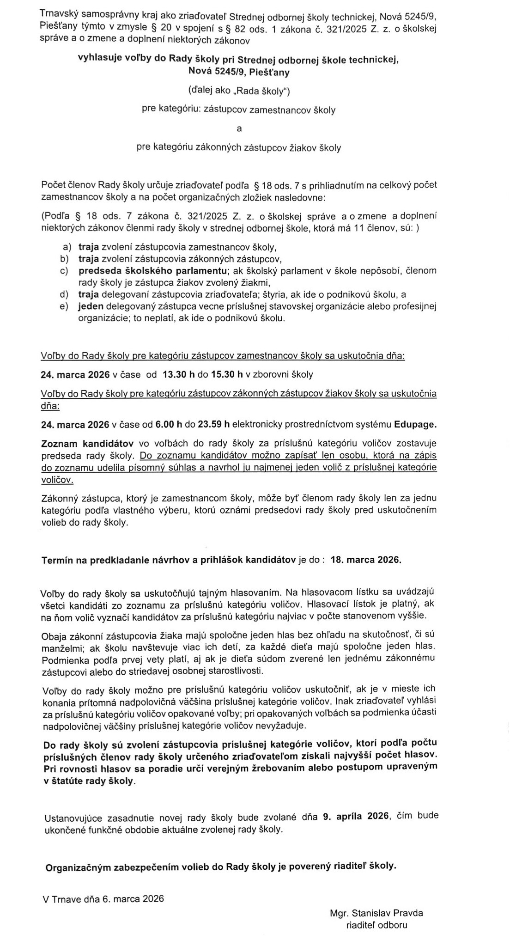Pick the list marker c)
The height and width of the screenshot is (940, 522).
click(64, 270)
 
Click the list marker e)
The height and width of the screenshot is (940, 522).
click(64, 306)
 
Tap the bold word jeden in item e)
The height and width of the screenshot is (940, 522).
click(91, 306)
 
